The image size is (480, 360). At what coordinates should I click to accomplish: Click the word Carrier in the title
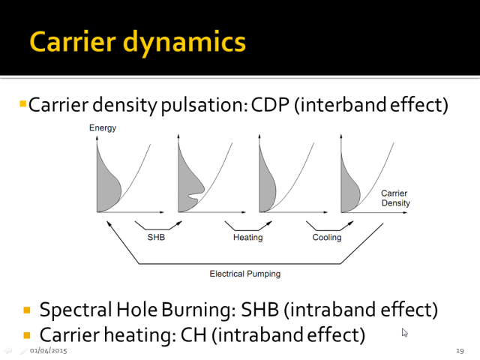[x=73, y=41]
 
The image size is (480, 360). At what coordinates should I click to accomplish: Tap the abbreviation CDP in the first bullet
[x=270, y=105]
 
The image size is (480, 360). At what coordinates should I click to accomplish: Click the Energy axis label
[x=103, y=127]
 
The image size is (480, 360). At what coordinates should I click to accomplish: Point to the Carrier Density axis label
[x=395, y=198]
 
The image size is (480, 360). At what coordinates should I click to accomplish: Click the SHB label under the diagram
[x=156, y=237]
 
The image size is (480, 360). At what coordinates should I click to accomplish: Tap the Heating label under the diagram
[x=248, y=238]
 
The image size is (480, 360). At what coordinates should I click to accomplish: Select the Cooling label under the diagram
[x=327, y=238]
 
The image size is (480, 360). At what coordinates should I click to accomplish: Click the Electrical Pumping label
[x=245, y=274]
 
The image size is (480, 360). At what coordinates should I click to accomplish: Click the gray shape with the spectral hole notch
[x=189, y=184]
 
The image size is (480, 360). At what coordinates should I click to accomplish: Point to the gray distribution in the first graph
[x=107, y=184]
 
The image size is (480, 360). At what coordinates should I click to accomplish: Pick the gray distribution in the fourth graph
[x=349, y=187]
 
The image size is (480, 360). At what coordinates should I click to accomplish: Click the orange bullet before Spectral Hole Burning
[x=27, y=310]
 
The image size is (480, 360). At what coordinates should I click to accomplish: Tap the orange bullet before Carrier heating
[x=27, y=336]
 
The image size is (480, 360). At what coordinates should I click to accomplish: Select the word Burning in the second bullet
[x=199, y=310]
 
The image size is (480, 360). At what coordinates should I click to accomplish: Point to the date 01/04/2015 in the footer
[x=48, y=350]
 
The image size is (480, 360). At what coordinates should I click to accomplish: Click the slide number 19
[x=460, y=350]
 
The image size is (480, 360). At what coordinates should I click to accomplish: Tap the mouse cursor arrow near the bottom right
[x=405, y=333]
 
